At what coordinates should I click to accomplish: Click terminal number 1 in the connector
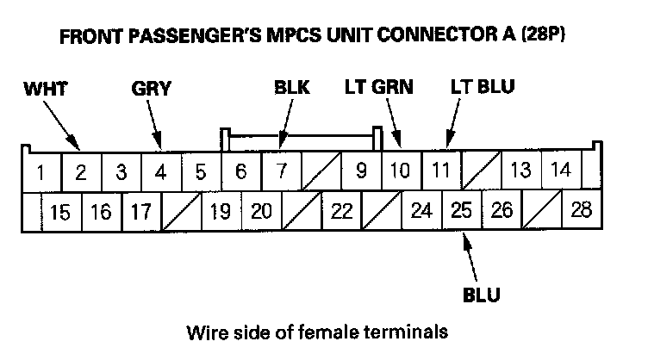pyautogui.click(x=40, y=171)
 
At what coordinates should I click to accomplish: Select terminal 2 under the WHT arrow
pyautogui.click(x=80, y=171)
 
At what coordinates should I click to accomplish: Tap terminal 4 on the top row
pyautogui.click(x=160, y=171)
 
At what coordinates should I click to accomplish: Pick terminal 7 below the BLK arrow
pyautogui.click(x=281, y=171)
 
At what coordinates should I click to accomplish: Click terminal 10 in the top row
pyautogui.click(x=400, y=171)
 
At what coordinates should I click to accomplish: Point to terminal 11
pyautogui.click(x=440, y=170)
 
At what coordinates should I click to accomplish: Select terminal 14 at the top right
pyautogui.click(x=561, y=170)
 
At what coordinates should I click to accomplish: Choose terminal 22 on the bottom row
pyautogui.click(x=341, y=211)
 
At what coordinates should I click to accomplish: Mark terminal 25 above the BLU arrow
pyautogui.click(x=462, y=210)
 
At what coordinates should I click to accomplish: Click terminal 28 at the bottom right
pyautogui.click(x=582, y=210)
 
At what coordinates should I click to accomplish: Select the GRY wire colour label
pyautogui.click(x=152, y=88)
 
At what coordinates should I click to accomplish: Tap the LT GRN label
pyautogui.click(x=379, y=87)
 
